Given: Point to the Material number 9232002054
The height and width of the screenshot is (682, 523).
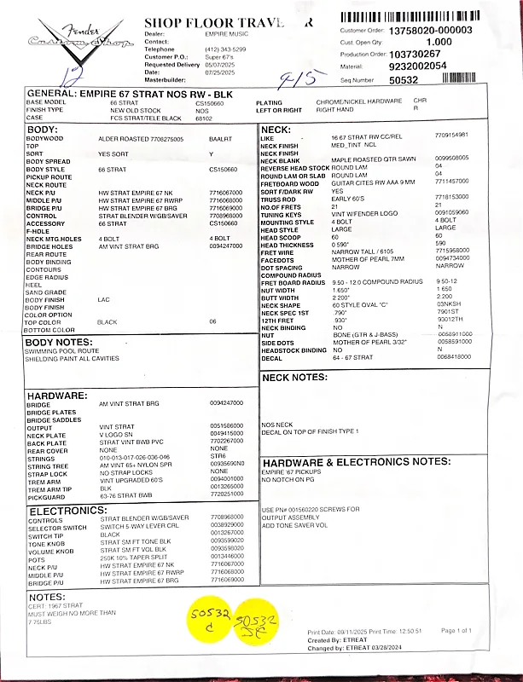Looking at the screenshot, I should coord(417,66).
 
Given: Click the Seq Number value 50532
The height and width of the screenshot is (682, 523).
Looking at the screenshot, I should coord(404,79).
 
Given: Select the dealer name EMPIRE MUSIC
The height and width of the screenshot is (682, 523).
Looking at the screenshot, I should coord(226,33).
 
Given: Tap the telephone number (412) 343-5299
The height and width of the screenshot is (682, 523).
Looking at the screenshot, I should coord(225,49).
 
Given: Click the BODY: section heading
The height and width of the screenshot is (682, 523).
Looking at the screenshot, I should coord(43,130).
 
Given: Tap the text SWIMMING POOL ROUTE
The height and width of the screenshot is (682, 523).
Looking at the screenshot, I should coord(62,351).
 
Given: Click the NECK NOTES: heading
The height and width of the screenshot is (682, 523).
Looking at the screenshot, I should coord(294,376).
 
